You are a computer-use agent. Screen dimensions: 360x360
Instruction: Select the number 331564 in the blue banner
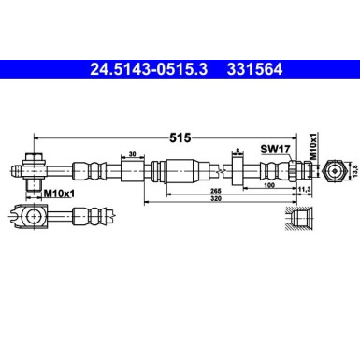pos(254,67)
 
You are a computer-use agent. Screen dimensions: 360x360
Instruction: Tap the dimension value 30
pos(132,155)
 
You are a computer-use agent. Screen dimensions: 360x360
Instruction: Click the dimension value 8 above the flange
pos(238,150)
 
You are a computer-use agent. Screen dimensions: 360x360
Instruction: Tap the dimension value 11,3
pos(303,190)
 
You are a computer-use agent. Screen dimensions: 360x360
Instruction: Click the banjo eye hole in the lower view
pos(34,219)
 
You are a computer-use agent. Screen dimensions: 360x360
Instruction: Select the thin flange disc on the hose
pos(238,172)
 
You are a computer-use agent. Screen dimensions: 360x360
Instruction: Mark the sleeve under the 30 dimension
pos(132,172)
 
